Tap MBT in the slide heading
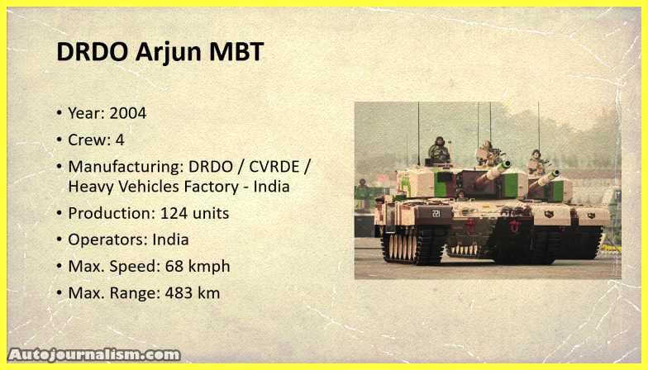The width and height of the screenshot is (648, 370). [x=236, y=51]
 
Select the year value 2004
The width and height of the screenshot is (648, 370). [x=127, y=113]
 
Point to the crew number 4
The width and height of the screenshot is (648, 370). [x=120, y=140]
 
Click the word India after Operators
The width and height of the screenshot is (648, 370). [x=170, y=240]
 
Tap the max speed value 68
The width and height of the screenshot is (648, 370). [x=174, y=266]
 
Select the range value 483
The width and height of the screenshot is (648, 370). [x=179, y=293]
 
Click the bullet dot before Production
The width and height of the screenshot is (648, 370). [x=60, y=213]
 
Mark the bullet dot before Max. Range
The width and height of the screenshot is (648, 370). [x=60, y=292]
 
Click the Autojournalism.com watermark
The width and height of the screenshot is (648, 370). [x=94, y=355]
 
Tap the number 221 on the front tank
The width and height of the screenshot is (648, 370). [x=436, y=213]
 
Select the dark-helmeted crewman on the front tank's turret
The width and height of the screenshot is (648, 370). [x=440, y=150]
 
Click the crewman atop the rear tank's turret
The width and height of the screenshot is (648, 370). [x=536, y=162]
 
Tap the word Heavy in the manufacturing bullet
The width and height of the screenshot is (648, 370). [x=91, y=187]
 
